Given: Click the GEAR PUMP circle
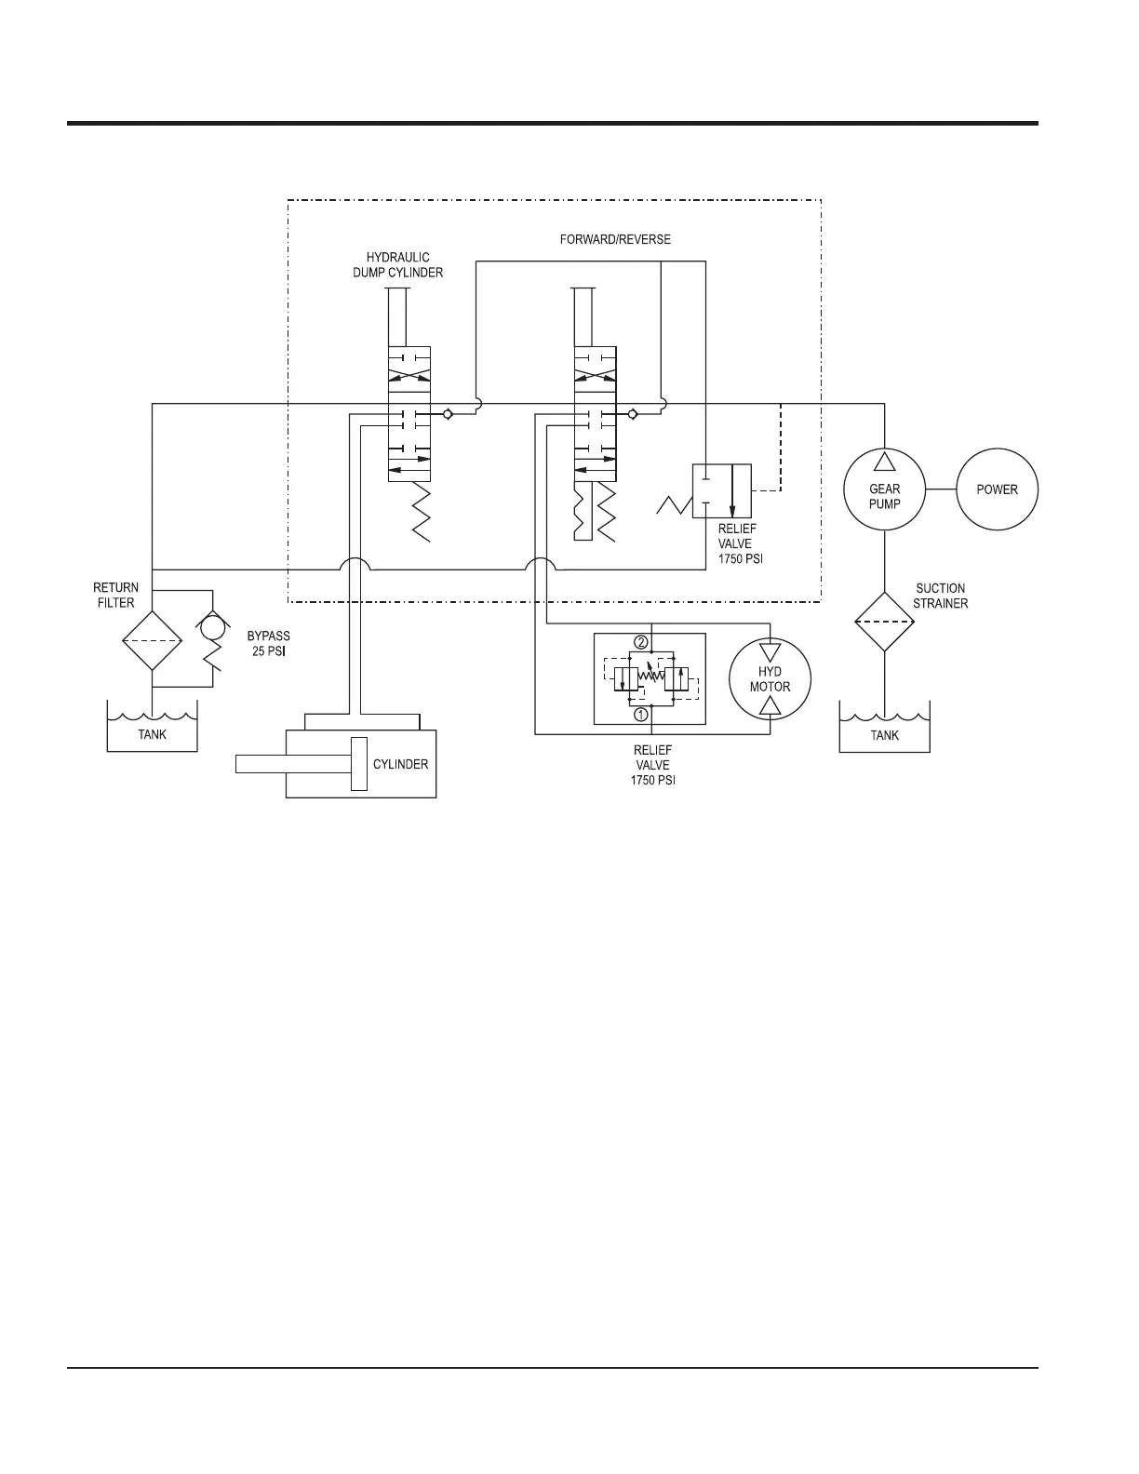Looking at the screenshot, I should [884, 489].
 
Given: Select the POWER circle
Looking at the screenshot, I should [997, 489].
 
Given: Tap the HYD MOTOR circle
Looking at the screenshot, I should [770, 679].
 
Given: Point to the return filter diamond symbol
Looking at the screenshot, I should [152, 640].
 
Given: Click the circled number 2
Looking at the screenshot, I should [640, 642].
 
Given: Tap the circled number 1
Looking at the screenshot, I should [640, 716].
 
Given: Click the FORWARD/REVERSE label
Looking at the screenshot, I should [615, 239].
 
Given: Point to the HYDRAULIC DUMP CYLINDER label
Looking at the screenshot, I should [397, 265].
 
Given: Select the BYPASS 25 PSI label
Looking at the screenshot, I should [268, 644].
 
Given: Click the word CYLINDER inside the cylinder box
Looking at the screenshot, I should [400, 764].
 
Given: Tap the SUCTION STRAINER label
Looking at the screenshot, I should [940, 596].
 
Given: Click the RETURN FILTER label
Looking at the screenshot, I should [116, 595].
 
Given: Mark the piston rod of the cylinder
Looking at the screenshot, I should [293, 764].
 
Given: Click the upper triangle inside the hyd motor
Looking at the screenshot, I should [770, 652].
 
